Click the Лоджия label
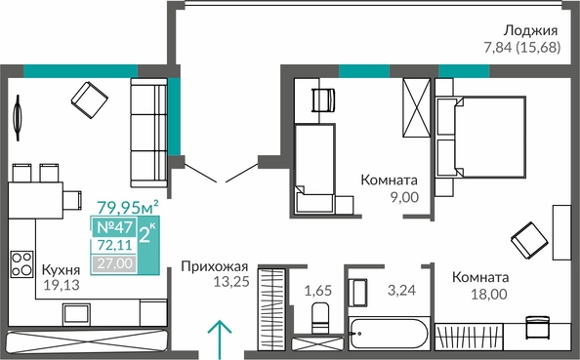tap(531, 31)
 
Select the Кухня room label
tap(61, 270)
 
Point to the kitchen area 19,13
tap(62, 285)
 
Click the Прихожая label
tap(215, 266)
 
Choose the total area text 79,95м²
tap(128, 207)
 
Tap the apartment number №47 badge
tap(114, 227)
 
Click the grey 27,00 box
tap(114, 263)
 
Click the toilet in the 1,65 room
tap(320, 318)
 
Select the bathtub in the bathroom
tap(390, 334)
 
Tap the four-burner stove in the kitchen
tap(21, 264)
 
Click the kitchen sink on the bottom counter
tap(76, 314)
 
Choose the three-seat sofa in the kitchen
tap(148, 133)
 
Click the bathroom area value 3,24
tap(401, 290)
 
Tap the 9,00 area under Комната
tap(404, 197)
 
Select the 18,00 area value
tap(489, 295)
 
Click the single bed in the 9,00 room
tap(315, 169)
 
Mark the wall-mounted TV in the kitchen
tap(18, 118)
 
